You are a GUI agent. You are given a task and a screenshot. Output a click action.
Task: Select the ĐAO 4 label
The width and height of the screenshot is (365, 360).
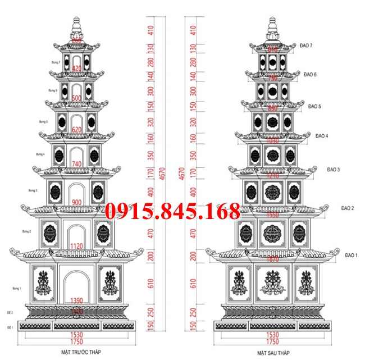point(322,136)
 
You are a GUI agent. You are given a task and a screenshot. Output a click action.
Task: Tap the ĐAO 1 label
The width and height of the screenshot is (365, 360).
point(352,255)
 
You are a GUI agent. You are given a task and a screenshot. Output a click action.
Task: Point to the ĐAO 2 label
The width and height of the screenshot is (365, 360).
point(347,208)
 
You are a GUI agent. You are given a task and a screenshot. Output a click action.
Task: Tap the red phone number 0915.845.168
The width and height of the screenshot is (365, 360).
point(172,212)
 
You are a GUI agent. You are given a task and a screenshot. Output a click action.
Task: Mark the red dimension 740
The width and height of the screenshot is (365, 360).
point(77,163)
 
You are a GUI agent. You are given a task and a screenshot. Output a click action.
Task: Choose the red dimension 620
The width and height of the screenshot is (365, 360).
point(77,130)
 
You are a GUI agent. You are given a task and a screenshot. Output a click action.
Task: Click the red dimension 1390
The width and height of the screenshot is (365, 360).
point(77,302)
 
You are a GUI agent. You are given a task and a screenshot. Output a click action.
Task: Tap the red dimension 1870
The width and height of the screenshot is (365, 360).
point(272,259)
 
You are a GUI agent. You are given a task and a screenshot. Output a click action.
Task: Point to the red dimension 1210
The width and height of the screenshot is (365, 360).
point(272,176)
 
